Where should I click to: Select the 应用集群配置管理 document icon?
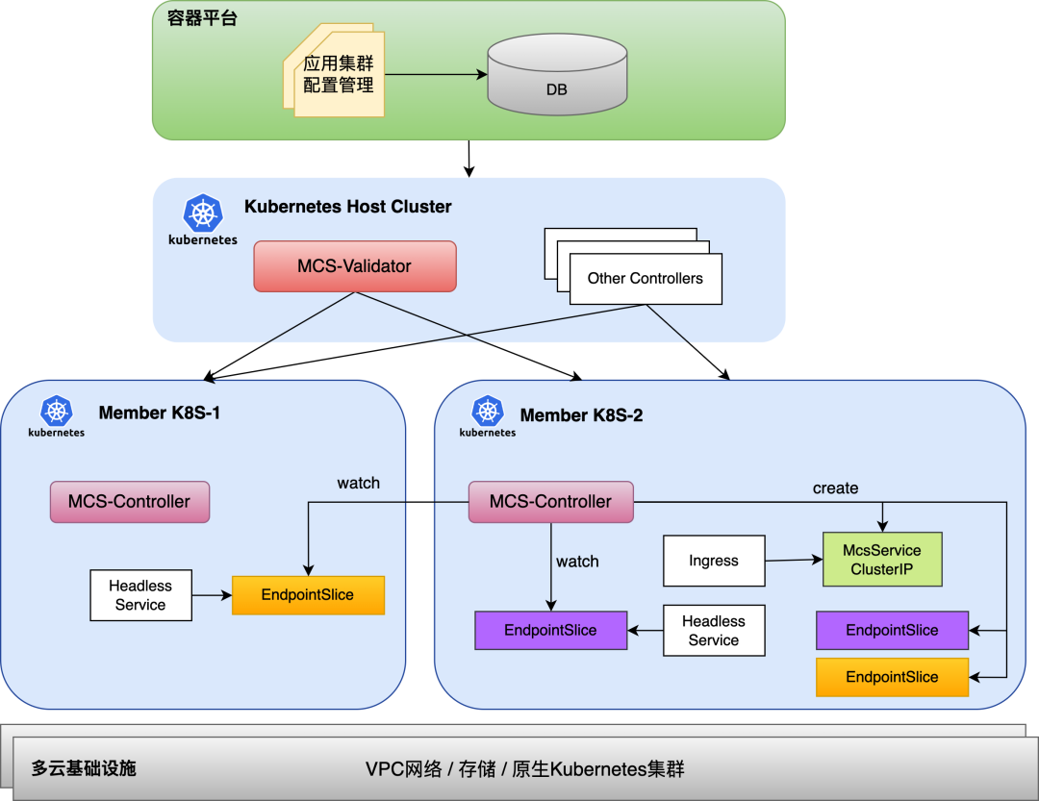[x=338, y=75]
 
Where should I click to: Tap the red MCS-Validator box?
[x=354, y=266]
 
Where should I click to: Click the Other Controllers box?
[x=645, y=279]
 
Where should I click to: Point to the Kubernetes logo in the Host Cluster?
[x=202, y=213]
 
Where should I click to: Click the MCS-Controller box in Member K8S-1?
[x=129, y=502]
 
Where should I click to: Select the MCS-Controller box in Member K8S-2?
[x=550, y=502]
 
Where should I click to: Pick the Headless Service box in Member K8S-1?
[x=140, y=595]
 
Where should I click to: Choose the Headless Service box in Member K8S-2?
[x=713, y=631]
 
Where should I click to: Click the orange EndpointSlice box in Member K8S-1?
[x=308, y=595]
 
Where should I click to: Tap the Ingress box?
[x=714, y=561]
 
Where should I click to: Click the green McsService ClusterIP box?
[x=881, y=560]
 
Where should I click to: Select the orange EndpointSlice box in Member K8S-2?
[x=892, y=677]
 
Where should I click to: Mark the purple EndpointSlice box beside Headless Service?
[x=550, y=630]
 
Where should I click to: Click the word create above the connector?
[x=835, y=488]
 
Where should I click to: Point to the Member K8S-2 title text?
[x=581, y=415]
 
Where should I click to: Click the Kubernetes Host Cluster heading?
[x=347, y=207]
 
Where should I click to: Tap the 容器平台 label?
[x=202, y=18]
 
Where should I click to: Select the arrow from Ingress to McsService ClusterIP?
[x=794, y=560]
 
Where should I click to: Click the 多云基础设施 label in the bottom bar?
[x=84, y=768]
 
